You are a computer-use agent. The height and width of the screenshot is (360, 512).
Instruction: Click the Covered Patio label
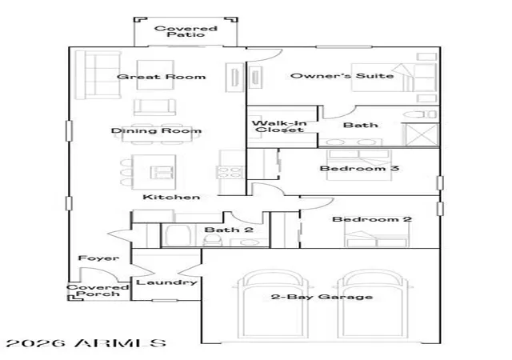pos(186,31)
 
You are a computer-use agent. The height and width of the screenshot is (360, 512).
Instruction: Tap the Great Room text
pos(162,77)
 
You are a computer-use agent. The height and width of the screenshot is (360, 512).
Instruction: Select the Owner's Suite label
pos(342,76)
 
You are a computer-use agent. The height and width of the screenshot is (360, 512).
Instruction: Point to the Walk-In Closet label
pos(279,126)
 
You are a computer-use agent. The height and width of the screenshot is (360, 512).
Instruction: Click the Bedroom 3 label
pos(359,168)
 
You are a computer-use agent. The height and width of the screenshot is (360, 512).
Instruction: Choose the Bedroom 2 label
pos(372,219)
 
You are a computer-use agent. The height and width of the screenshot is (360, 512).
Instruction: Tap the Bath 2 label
pos(229,230)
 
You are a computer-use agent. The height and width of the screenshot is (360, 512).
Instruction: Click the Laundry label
pos(166,282)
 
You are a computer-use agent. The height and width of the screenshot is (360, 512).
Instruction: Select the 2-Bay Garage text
pos(322,297)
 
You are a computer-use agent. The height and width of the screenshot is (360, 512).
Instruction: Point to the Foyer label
pos(98,258)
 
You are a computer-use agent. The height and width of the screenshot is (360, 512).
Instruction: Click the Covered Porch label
pos(98,290)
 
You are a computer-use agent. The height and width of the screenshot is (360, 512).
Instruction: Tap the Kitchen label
pos(171,197)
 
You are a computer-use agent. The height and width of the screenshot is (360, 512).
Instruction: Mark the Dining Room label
pos(156,130)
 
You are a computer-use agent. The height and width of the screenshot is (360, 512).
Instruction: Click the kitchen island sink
pos(162,172)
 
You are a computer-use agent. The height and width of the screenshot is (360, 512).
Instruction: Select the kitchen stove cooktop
pos(230,172)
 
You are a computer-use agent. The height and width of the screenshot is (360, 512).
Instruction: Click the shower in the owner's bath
pos(420,134)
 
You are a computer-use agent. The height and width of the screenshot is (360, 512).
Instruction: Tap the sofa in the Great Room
pos(98,74)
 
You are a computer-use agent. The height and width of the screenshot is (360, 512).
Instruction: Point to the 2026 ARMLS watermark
pos(86,343)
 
